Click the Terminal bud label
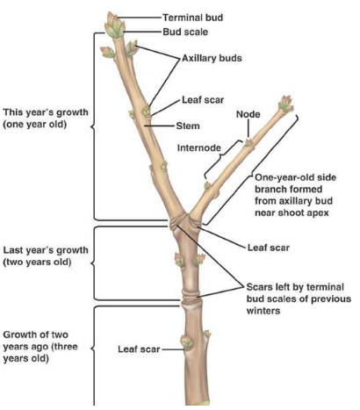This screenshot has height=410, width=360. click(192, 18)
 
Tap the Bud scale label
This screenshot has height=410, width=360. click(185, 32)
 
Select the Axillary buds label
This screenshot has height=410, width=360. click(212, 58)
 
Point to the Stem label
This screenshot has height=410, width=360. click(188, 126)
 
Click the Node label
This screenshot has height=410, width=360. click(248, 114)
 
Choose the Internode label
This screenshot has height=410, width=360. click(199, 147)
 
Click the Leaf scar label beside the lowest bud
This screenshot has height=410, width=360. click(139, 349)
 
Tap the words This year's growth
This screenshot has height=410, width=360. click(46, 112)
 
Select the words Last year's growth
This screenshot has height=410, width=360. click(46, 250)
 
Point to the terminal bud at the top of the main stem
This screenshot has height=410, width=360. click(115, 25)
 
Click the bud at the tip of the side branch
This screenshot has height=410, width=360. click(285, 104)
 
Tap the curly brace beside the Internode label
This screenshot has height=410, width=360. click(224, 159)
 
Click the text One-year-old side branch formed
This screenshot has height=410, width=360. click(296, 183)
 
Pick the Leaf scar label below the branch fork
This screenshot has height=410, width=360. click(269, 248)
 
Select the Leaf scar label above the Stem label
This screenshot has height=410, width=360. click(203, 100)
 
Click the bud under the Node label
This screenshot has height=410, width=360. click(248, 142)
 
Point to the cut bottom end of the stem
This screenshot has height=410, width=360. click(197, 402)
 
